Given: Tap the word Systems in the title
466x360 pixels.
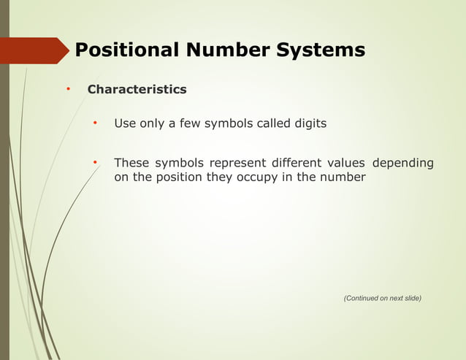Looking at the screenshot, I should (320, 50).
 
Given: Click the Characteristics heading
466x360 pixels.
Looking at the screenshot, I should (137, 90).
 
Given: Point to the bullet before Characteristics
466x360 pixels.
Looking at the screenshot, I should (68, 89).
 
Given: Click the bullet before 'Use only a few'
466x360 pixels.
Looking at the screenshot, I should (95, 123).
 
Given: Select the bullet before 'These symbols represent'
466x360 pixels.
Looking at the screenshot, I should (95, 162).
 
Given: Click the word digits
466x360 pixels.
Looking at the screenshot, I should (310, 123).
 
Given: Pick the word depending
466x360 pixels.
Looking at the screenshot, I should (402, 163).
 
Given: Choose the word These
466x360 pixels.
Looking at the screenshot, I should (131, 163).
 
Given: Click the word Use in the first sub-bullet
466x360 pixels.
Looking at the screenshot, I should (125, 123).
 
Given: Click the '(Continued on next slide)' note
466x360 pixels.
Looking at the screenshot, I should (382, 298).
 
